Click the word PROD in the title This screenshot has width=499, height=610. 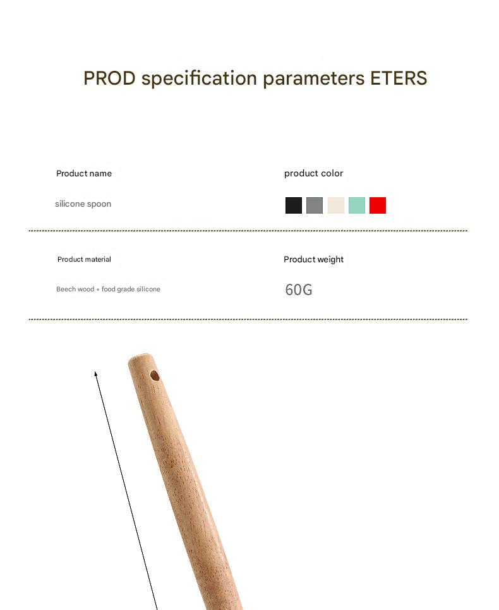point(110,78)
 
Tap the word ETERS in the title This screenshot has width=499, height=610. point(399,78)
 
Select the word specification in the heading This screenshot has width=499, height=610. point(199,78)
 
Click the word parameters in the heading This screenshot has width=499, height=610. point(314,79)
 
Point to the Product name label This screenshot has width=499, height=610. point(84,173)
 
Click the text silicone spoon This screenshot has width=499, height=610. point(83,204)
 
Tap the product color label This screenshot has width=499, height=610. point(314,173)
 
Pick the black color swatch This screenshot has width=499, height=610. point(294,205)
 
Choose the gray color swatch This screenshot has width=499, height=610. point(315,205)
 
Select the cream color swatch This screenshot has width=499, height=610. point(336,205)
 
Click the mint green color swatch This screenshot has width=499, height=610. point(357,205)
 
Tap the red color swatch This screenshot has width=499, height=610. point(378,205)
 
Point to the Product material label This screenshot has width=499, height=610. point(85,259)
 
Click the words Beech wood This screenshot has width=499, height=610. point(75,289)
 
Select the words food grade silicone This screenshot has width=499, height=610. point(131,289)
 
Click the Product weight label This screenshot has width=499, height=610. point(314,259)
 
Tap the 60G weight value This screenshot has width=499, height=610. point(299,290)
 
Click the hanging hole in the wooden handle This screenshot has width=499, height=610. point(155,376)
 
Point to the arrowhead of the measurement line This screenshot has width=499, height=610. point(95,374)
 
